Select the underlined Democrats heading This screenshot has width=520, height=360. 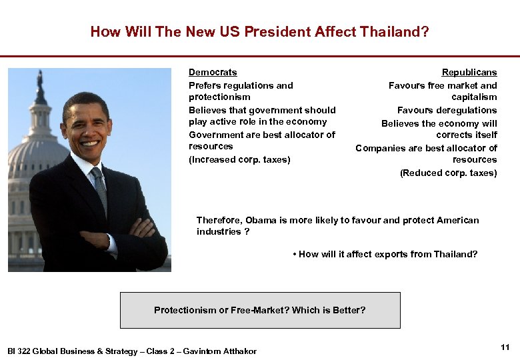(x=213, y=72)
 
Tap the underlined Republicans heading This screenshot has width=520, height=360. (x=469, y=72)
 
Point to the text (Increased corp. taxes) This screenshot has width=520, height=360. (x=239, y=159)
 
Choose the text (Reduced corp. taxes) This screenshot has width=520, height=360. (x=448, y=173)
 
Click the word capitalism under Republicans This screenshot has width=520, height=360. (x=474, y=97)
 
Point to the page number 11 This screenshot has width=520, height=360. (x=505, y=347)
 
